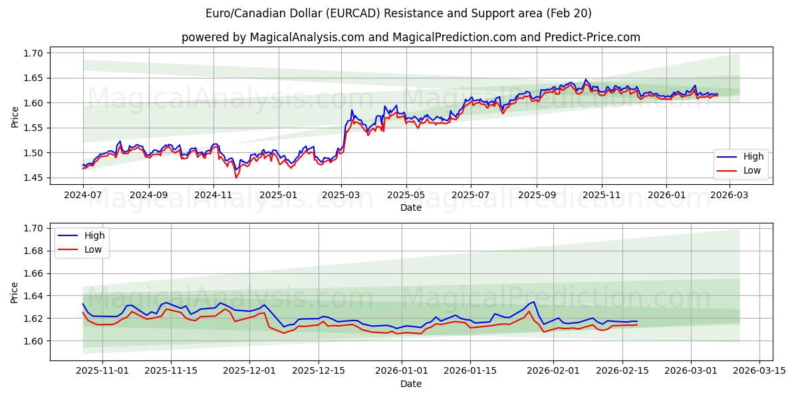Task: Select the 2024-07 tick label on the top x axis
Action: click(x=83, y=195)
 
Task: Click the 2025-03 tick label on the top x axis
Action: click(x=341, y=195)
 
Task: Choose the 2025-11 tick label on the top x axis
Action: click(x=601, y=195)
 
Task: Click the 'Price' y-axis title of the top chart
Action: click(x=15, y=116)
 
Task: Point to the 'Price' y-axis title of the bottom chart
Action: click(x=15, y=293)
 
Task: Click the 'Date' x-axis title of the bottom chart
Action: click(x=410, y=384)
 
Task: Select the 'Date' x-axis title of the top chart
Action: click(x=410, y=207)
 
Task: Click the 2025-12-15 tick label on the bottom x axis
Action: click(x=319, y=371)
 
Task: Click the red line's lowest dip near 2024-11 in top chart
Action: click(x=235, y=178)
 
